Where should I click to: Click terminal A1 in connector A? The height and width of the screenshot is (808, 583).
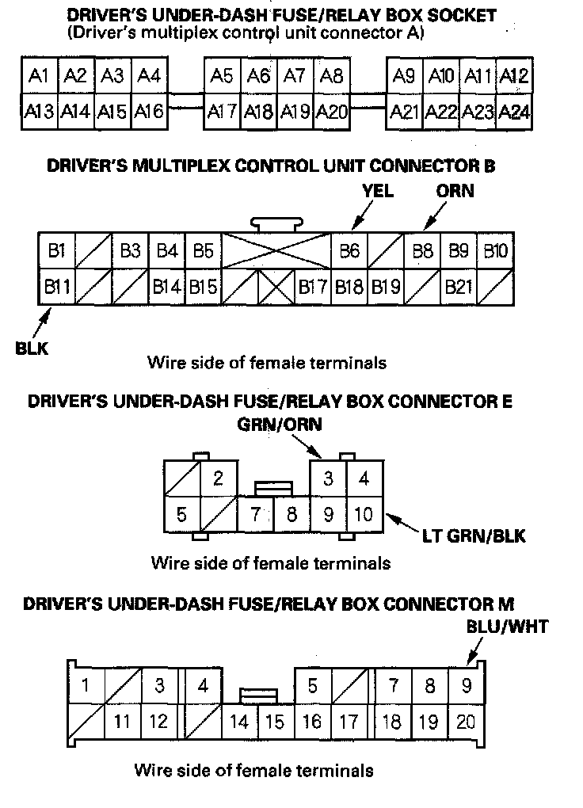click(x=39, y=76)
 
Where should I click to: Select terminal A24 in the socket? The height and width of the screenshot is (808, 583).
click(x=515, y=112)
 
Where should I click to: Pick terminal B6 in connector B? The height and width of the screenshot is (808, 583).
click(x=349, y=251)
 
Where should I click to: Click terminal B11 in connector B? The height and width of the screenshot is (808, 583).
click(x=56, y=286)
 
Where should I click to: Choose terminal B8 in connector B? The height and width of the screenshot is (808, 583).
click(x=423, y=251)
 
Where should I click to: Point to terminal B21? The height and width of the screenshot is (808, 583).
click(x=459, y=286)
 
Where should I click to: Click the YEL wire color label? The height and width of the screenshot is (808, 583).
click(x=377, y=191)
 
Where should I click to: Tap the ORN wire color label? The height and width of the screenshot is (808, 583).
click(x=455, y=191)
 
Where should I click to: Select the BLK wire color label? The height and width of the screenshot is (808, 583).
click(x=32, y=348)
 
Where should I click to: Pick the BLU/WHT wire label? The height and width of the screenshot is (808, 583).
click(x=508, y=627)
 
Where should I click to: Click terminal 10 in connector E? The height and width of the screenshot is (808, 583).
click(x=364, y=514)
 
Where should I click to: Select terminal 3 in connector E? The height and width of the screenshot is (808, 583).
click(x=327, y=478)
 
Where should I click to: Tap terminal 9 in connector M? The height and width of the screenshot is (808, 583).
click(x=466, y=684)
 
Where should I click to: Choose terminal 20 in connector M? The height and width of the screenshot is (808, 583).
click(x=466, y=721)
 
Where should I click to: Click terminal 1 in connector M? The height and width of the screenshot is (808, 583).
click(x=86, y=684)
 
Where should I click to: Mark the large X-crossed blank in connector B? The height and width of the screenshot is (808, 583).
click(x=276, y=251)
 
